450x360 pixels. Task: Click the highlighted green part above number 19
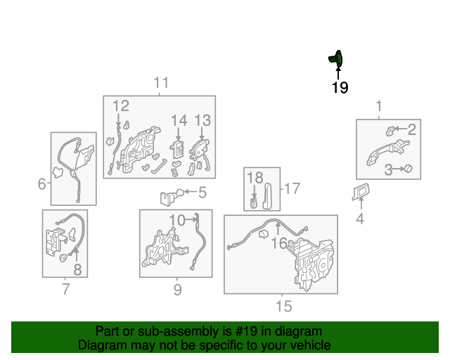click(336, 59)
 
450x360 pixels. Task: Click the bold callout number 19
click(340, 88)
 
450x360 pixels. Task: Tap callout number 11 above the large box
click(161, 83)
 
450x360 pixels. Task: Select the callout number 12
click(121, 106)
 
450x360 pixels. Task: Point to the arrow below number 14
click(179, 134)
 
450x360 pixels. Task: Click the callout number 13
click(202, 120)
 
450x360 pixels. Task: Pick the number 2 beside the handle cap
click(412, 129)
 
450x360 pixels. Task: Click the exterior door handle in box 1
click(388, 152)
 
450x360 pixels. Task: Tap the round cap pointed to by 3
click(408, 169)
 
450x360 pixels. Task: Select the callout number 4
click(360, 219)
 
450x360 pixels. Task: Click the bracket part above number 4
click(361, 191)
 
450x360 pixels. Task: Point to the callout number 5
click(202, 193)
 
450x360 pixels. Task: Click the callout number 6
click(42, 184)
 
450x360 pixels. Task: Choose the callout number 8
click(77, 269)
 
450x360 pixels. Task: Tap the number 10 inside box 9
click(177, 221)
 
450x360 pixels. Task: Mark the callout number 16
click(279, 243)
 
